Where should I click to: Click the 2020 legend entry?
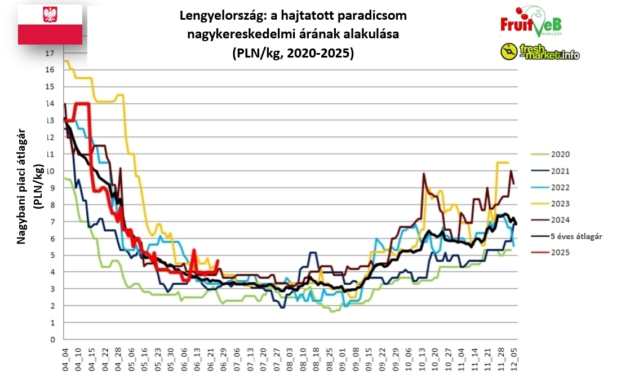(560, 154)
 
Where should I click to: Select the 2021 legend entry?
(560, 171)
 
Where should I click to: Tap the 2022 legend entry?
(560, 187)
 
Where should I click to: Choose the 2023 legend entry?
(560, 204)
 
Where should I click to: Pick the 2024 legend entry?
(560, 220)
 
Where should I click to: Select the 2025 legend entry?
(560, 253)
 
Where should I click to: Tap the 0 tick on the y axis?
(52, 339)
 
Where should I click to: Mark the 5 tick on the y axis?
(52, 255)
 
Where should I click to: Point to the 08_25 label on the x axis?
(329, 358)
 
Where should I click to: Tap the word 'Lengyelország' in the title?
(209, 15)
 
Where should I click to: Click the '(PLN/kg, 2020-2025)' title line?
(292, 54)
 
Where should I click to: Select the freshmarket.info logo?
(539, 52)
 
